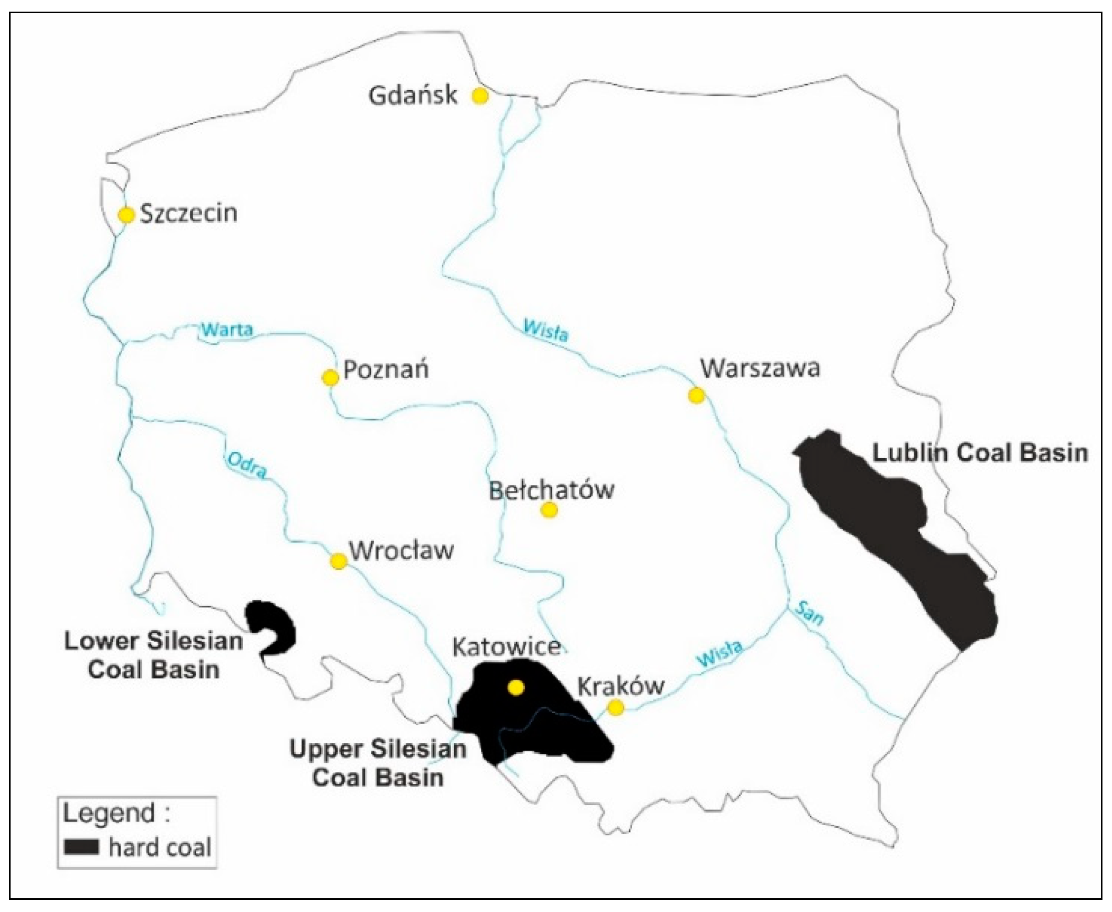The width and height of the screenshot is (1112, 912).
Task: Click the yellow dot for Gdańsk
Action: [x=480, y=96]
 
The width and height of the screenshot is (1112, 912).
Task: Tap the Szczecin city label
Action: [x=188, y=213]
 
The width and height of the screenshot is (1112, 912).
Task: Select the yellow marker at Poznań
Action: [x=330, y=377]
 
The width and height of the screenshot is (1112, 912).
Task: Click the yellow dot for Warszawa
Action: [x=696, y=395]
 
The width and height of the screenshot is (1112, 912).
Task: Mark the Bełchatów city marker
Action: [x=549, y=510]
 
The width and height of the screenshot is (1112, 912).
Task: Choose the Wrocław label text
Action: [x=402, y=551]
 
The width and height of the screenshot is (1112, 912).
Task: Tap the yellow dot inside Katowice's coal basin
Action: [x=516, y=687]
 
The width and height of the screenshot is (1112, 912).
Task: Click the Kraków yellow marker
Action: [x=615, y=707]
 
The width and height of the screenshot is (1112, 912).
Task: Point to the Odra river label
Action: [x=247, y=465]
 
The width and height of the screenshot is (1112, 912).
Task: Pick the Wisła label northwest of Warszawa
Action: [x=546, y=330]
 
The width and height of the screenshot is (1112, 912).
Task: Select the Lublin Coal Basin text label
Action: [x=980, y=453]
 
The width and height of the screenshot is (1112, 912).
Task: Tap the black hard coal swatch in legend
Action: [x=81, y=847]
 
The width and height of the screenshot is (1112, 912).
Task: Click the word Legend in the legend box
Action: [x=109, y=813]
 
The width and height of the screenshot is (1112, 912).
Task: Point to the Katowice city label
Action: [x=506, y=646]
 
